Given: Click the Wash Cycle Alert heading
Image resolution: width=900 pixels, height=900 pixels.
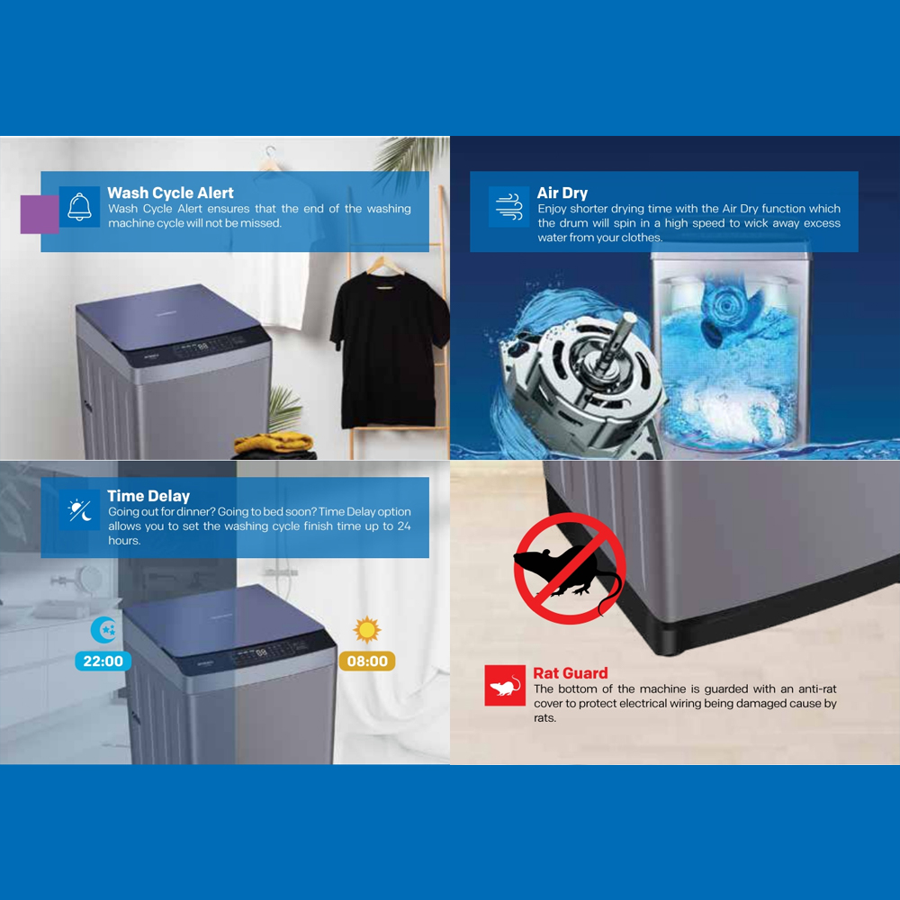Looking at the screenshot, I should coord(170,193).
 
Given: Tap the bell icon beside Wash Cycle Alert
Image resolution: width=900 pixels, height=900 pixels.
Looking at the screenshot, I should coord(79,207).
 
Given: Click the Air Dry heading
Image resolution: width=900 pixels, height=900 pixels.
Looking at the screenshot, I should coord(562,193).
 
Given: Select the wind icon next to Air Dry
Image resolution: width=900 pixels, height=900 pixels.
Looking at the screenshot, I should coord(508,207).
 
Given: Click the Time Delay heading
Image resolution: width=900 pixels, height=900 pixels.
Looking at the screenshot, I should coord(148,496).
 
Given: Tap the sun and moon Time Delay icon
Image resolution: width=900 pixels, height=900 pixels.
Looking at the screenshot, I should coord(79,510).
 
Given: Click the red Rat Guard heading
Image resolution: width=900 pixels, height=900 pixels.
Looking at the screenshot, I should coord(570,673).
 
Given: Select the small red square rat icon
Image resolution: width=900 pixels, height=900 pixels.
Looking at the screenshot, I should coord(504,686).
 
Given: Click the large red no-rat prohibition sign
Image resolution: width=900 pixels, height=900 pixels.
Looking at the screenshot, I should coord(569,569).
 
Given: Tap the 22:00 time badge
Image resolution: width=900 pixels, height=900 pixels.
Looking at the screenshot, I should coord(103,661).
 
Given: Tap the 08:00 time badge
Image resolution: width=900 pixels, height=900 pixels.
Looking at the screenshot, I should coord(367,661).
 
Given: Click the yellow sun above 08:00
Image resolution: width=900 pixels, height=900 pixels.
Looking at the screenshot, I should coord(366,630).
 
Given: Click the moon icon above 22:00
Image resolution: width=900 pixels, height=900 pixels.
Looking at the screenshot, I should coord(104,630).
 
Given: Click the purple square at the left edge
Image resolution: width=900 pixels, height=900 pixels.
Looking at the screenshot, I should coord(39,214).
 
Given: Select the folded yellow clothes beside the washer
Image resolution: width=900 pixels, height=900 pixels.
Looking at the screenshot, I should coord(274,443).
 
